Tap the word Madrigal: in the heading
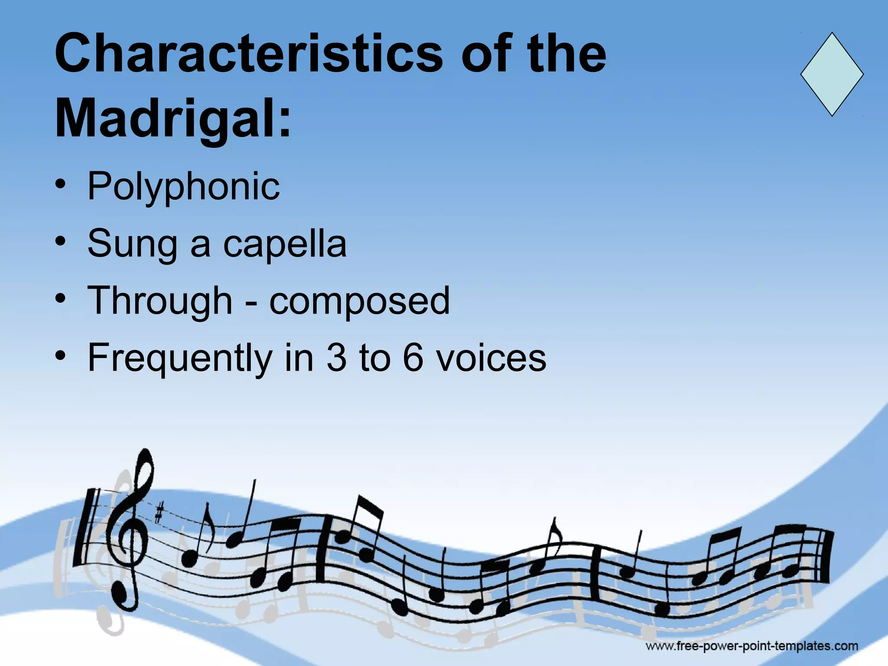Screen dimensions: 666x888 click(x=173, y=118)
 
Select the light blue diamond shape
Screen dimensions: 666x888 click(x=832, y=74)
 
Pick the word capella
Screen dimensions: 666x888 click(x=285, y=244)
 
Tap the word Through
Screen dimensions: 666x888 click(x=160, y=301)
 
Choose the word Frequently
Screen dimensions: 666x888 click(x=179, y=358)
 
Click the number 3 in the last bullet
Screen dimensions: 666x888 click(x=337, y=358)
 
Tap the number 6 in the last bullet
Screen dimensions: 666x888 click(x=413, y=358)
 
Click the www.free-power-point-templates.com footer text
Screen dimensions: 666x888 click(x=752, y=646)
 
